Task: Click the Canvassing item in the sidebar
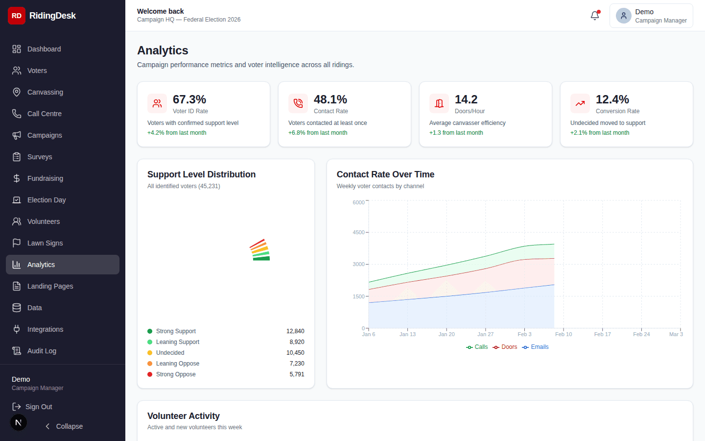tap(45, 92)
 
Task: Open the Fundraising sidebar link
tap(45, 178)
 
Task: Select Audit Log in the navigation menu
tap(42, 351)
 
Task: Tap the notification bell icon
tap(595, 16)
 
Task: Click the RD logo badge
tap(17, 16)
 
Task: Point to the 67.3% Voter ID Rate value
tap(189, 99)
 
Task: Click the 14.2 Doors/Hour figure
tap(466, 99)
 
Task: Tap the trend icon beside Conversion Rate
tap(580, 103)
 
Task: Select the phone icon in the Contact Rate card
tap(298, 103)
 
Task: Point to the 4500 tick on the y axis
tap(358, 232)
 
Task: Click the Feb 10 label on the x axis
tap(564, 334)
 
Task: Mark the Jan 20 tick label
tap(446, 334)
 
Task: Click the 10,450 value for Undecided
tap(295, 353)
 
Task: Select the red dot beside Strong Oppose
tap(150, 374)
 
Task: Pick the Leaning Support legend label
tap(178, 342)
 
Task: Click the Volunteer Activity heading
tap(184, 416)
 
